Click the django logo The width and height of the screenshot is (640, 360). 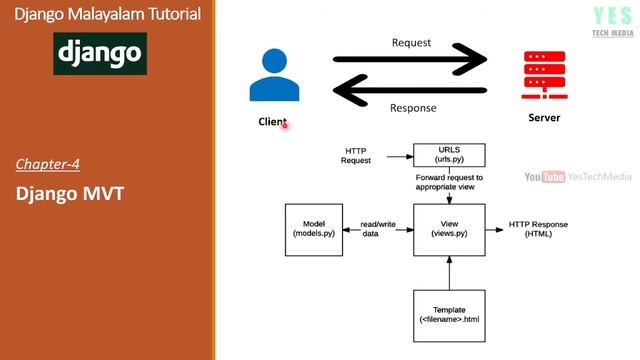pos(100,53)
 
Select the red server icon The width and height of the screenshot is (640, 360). pos(544,73)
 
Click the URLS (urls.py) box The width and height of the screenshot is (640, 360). pos(449,155)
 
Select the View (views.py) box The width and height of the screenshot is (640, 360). pos(449,228)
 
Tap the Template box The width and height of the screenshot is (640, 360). pos(449,313)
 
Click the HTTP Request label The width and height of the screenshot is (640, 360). pos(356,155)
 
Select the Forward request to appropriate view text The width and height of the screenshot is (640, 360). pos(449,181)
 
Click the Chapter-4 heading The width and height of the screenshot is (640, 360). pos(47,163)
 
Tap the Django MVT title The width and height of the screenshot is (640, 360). pos(70,193)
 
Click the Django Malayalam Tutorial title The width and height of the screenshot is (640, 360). pos(107,14)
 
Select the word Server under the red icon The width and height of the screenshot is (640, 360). pos(544,118)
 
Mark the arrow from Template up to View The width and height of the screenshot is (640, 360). pos(449,271)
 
